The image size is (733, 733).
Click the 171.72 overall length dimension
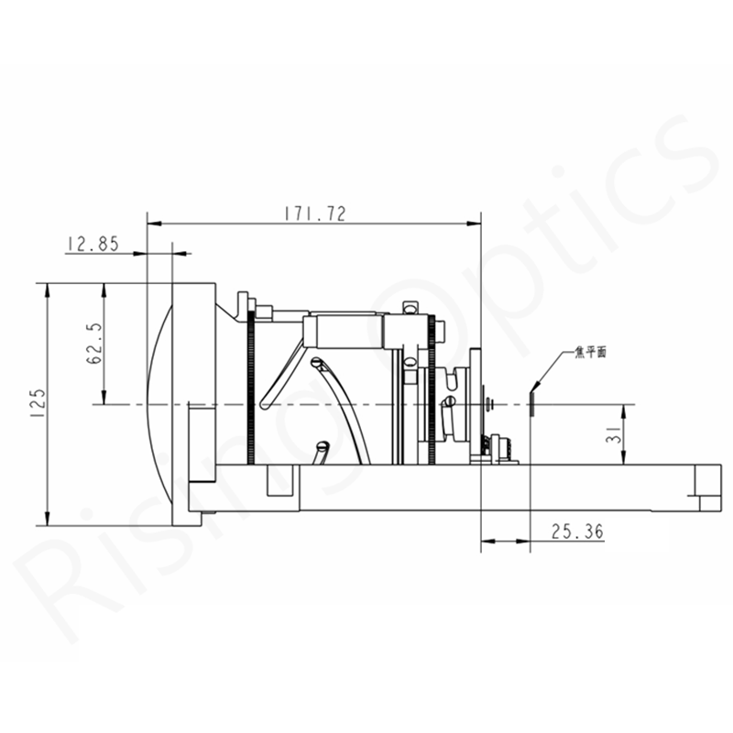[x=314, y=213]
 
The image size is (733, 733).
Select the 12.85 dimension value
[x=93, y=244]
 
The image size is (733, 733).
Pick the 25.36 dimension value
[x=577, y=531]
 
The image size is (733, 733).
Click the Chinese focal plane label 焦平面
[x=590, y=352]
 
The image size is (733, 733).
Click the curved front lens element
[x=159, y=404]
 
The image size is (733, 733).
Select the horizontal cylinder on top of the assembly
[x=344, y=332]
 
